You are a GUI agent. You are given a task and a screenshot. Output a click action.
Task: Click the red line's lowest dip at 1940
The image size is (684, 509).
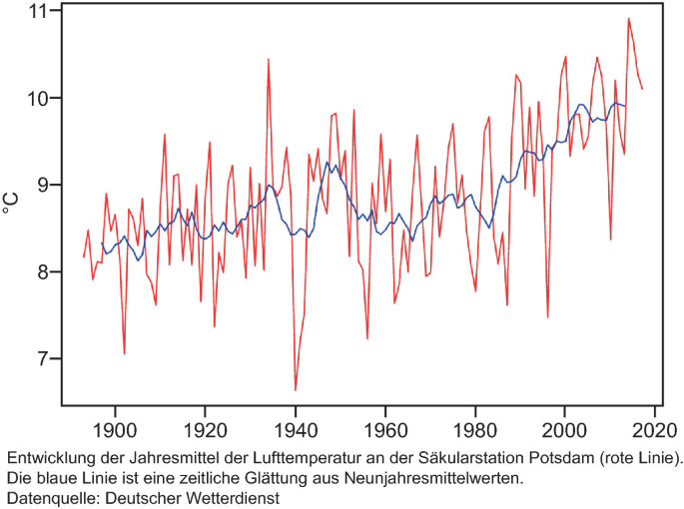click(x=296, y=389)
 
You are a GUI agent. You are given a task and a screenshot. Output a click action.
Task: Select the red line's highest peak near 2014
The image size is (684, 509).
click(x=628, y=19)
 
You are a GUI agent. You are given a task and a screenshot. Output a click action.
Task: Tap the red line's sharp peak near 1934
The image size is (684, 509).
click(x=268, y=60)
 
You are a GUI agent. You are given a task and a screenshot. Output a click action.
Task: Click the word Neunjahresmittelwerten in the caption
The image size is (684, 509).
click(x=411, y=477)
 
